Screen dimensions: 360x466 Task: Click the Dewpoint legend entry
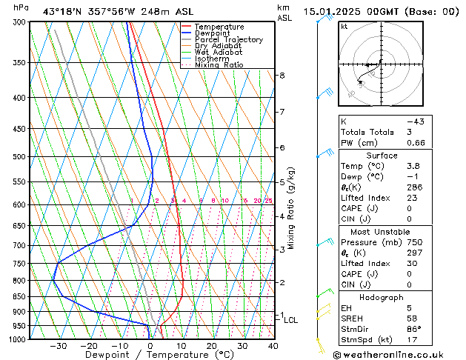[x=212, y=33]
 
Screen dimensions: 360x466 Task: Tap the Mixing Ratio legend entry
[x=219, y=65]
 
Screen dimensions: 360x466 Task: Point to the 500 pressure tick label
[x=20, y=157]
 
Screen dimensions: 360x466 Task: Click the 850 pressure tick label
[x=20, y=296]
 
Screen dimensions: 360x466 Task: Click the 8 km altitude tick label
[x=282, y=76]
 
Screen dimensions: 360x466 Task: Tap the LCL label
[x=291, y=320]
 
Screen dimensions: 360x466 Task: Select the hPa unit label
[x=21, y=7]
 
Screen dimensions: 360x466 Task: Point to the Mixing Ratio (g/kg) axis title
[x=292, y=208]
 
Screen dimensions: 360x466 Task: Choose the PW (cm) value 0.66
[x=416, y=143]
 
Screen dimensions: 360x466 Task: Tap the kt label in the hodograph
[x=344, y=27]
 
